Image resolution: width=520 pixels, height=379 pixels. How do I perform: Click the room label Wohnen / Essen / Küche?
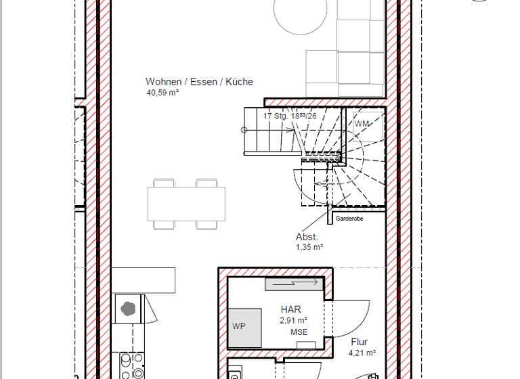[199, 82]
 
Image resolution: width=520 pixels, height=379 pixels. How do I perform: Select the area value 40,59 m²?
[162, 93]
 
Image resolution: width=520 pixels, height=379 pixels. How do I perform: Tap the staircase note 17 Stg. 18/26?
[289, 116]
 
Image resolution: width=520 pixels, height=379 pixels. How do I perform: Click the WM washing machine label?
[362, 125]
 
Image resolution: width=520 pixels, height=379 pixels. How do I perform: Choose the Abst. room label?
[307, 237]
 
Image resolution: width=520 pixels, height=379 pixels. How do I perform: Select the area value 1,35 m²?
[309, 248]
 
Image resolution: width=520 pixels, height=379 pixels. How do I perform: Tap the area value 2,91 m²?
[293, 320]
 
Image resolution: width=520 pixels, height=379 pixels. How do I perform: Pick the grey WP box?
[245, 328]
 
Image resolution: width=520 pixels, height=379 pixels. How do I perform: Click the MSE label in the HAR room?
[299, 332]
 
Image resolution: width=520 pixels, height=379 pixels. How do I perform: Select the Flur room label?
[359, 342]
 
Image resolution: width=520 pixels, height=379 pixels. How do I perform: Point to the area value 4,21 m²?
[362, 353]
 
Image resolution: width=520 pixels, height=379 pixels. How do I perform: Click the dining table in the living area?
[186, 203]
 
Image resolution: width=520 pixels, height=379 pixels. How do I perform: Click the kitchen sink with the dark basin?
[128, 308]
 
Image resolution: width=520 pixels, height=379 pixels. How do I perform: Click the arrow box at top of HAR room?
[292, 283]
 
